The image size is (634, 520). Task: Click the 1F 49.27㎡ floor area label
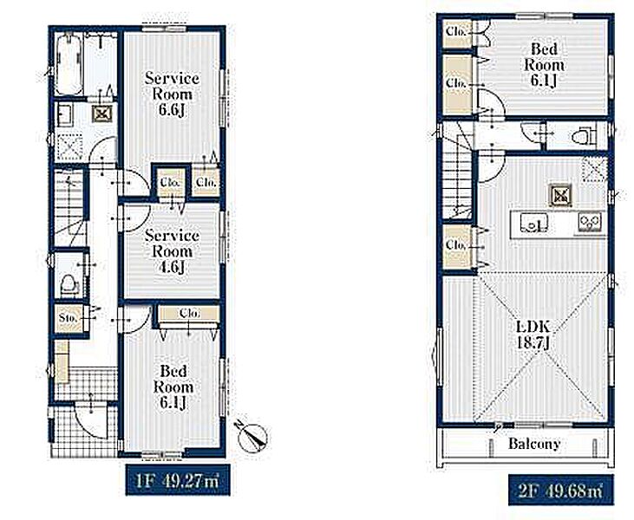pyautogui.click(x=178, y=480)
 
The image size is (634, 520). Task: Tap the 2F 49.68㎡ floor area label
pyautogui.click(x=560, y=491)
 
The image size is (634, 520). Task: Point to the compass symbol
pyautogui.click(x=252, y=436)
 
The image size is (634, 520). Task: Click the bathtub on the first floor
pyautogui.click(x=69, y=65)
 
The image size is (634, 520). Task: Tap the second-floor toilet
pyautogui.click(x=584, y=136)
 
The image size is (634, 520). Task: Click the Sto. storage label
pyautogui.click(x=68, y=317)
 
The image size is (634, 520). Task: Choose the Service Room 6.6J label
pyautogui.click(x=172, y=94)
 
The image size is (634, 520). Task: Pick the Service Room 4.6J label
pyautogui.click(x=172, y=251)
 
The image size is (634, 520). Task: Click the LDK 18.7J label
pyautogui.click(x=533, y=335)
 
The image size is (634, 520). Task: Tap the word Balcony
pyautogui.click(x=534, y=444)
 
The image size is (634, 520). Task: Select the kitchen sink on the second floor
pyautogui.click(x=533, y=223)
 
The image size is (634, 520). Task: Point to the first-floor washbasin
pyautogui.click(x=64, y=115)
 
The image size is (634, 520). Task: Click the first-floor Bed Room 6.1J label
pyautogui.click(x=173, y=387)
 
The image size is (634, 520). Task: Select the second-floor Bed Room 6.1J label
pyautogui.click(x=544, y=65)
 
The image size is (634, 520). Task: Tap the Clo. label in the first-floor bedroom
pyautogui.click(x=189, y=313)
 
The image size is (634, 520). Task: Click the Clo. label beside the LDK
pyautogui.click(x=455, y=245)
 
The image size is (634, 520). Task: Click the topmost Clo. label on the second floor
pyautogui.click(x=456, y=31)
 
